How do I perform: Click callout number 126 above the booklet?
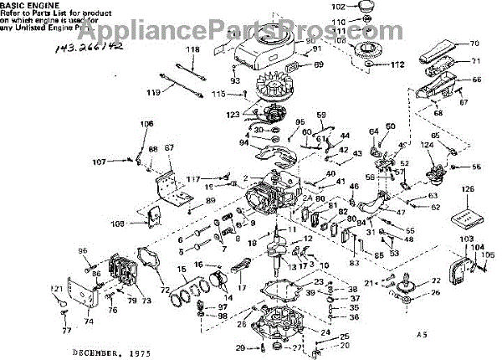click(x=466, y=190)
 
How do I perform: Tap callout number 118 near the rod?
click(x=193, y=50)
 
